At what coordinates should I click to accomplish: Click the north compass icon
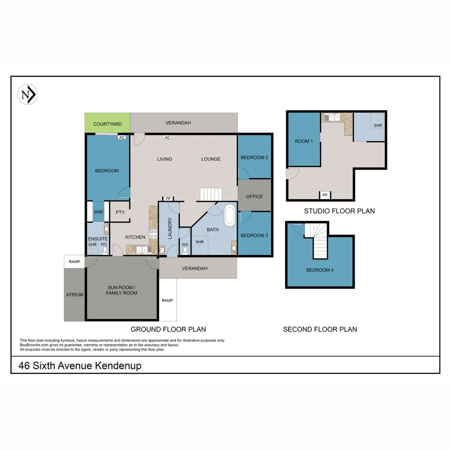tap(27, 95)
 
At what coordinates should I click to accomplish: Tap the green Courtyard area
tap(107, 123)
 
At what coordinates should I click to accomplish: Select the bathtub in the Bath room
tap(230, 215)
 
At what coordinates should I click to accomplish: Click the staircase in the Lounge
tap(211, 194)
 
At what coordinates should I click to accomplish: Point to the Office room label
tap(254, 197)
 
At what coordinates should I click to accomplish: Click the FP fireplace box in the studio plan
tap(325, 195)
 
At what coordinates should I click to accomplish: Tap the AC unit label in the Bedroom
tap(122, 137)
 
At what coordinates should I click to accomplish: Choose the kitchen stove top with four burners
tap(153, 234)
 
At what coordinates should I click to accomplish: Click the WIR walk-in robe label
tap(98, 212)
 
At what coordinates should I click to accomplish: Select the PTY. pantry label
tap(120, 212)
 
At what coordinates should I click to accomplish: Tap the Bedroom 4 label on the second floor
tap(320, 270)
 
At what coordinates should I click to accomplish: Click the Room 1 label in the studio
tap(304, 141)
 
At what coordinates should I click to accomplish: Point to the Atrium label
tap(75, 295)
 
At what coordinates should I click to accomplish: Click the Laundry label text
tap(170, 228)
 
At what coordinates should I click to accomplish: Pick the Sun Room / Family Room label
tap(122, 290)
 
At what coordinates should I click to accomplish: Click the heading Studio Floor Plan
tap(339, 211)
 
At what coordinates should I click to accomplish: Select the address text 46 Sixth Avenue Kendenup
tap(80, 366)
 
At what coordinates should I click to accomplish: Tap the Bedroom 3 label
tap(254, 235)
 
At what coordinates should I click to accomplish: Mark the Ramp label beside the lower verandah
tap(167, 300)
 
